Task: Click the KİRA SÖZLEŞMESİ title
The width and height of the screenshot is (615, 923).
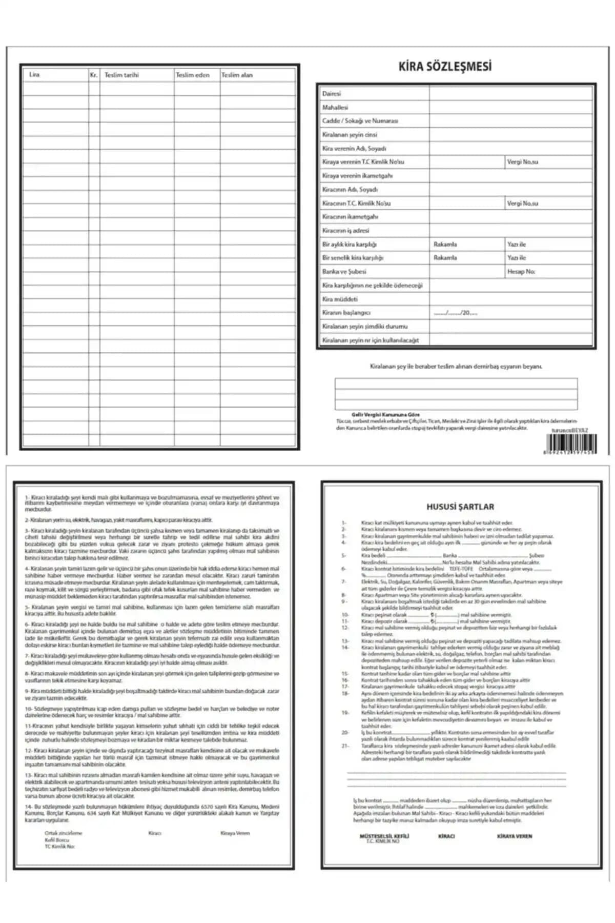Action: pos(445,67)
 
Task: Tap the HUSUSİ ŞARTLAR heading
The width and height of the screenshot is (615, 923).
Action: pos(461,507)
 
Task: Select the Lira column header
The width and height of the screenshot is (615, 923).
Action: pos(34,75)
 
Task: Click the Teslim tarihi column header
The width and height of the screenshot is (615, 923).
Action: pos(121,75)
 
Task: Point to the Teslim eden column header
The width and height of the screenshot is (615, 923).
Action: pos(193,75)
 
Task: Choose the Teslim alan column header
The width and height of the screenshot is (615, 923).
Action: pos(237,75)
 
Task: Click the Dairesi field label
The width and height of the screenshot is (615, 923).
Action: pos(331,94)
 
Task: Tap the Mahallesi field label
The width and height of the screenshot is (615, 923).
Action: pos(335,108)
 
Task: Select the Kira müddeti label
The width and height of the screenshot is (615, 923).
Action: pos(340,299)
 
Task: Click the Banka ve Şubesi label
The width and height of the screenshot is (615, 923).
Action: pos(344,272)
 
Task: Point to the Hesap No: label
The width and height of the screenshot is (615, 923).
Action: pos(521,272)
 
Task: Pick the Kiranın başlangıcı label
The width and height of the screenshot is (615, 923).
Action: pos(346,313)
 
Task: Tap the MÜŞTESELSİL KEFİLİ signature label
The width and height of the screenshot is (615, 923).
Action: pos(384,836)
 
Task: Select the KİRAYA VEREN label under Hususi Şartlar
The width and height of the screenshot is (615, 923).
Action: pos(515,836)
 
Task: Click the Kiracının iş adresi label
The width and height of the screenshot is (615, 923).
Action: pos(345,231)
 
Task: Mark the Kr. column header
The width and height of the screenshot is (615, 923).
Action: pos(94,75)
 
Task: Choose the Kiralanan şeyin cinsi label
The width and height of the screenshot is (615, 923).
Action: pos(350,135)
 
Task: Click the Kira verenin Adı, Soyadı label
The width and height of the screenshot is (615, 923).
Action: pos(354,149)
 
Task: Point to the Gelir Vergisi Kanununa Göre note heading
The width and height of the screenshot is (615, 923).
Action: pos(378,414)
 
